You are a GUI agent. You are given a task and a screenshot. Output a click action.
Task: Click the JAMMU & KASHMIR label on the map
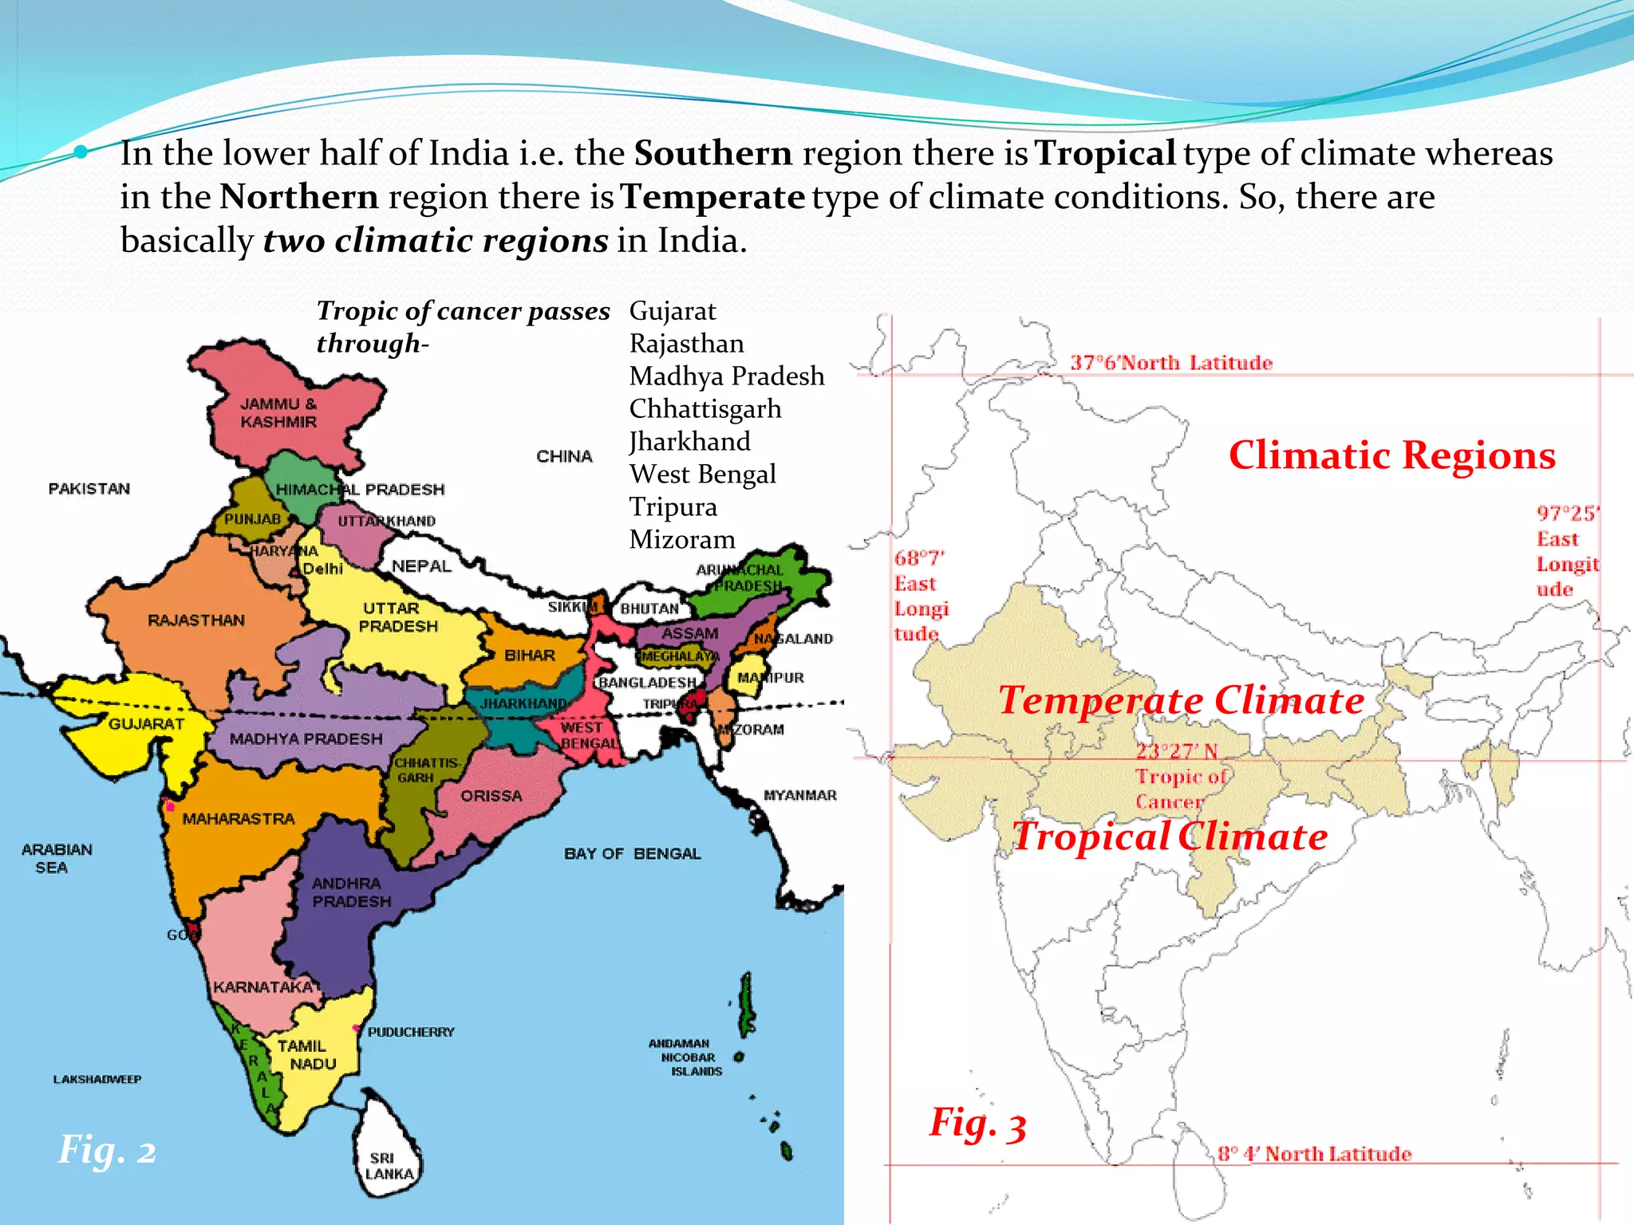[278, 413]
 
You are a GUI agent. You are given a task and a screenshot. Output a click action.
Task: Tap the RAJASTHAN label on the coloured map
[196, 620]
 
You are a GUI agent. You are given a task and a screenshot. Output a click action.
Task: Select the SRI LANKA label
[389, 1166]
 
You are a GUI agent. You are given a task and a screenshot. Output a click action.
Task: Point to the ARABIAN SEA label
[56, 858]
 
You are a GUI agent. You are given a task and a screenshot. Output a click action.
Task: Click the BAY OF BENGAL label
[632, 854]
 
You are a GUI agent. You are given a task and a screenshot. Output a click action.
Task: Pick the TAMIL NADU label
[306, 1054]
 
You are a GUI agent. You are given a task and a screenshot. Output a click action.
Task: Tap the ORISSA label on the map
[491, 796]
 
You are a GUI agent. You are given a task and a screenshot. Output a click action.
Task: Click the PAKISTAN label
[89, 489]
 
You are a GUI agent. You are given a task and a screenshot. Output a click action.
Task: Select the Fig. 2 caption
[107, 1150]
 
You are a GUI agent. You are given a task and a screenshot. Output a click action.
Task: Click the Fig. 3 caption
[977, 1124]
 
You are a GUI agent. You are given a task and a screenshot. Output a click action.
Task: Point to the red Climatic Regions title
[1391, 455]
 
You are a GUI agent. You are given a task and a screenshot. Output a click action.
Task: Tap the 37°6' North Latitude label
[1170, 363]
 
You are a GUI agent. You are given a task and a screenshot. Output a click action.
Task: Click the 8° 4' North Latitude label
[1314, 1154]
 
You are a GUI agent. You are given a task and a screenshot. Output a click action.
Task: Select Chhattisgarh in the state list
[705, 409]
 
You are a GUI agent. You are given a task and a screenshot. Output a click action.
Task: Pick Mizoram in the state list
[682, 540]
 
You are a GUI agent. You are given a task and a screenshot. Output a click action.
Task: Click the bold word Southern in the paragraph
[712, 153]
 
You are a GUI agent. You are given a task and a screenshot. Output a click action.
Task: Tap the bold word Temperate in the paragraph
[712, 197]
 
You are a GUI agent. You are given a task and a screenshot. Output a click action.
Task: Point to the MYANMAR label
[799, 795]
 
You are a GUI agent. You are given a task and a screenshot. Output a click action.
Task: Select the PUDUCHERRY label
[411, 1032]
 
